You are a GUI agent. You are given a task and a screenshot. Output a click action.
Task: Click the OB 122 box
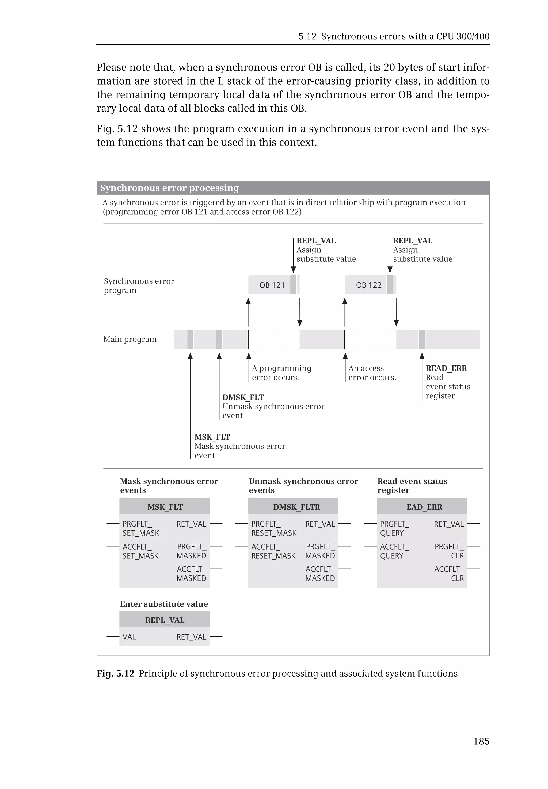click(x=369, y=285)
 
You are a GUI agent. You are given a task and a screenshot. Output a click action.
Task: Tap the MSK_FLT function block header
click(x=165, y=507)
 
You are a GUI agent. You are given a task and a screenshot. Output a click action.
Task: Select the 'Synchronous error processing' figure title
click(x=170, y=188)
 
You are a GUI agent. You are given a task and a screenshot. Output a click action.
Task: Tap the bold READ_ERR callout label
click(x=446, y=368)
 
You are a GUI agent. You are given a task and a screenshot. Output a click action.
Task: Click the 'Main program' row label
click(x=130, y=339)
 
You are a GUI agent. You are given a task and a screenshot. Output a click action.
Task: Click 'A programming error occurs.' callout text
click(x=281, y=373)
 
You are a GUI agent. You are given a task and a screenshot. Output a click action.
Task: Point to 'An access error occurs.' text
click(x=372, y=373)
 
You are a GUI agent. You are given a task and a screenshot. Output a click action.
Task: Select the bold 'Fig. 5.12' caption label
click(x=115, y=673)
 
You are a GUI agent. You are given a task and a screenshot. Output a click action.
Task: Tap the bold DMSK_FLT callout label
click(x=243, y=397)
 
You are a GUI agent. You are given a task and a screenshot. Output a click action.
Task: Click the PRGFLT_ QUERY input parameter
click(x=394, y=528)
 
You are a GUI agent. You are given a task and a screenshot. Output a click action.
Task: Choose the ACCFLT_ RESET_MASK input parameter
click(x=273, y=551)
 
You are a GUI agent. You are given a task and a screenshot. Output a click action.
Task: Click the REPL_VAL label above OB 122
click(x=412, y=241)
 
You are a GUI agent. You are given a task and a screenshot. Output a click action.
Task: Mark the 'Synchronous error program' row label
click(x=139, y=286)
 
